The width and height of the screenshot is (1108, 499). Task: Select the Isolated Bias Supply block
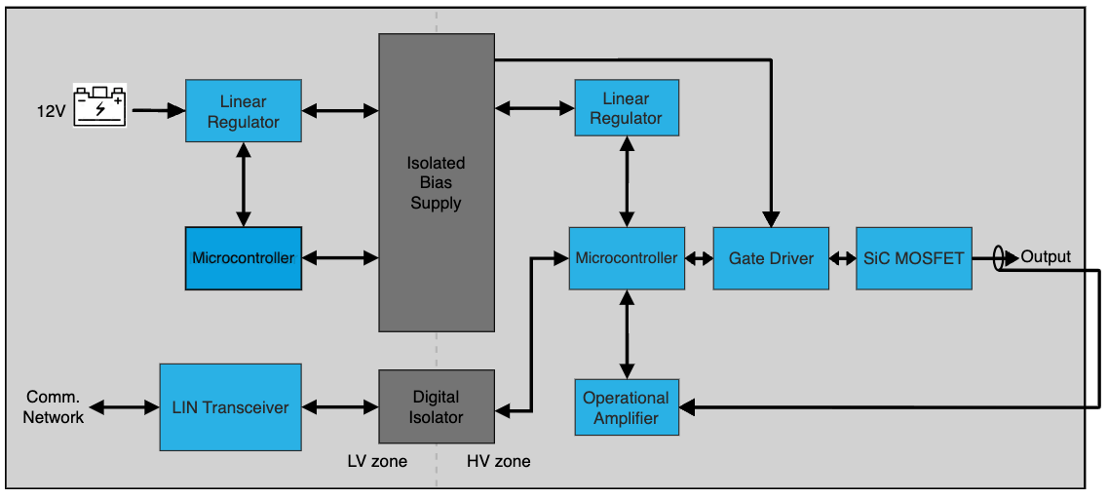tap(436, 182)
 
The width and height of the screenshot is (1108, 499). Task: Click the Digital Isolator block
tap(437, 406)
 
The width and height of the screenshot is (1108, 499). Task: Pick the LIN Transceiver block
tap(230, 406)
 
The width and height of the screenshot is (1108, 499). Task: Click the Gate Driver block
tap(771, 258)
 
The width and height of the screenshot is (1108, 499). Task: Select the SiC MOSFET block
tap(913, 258)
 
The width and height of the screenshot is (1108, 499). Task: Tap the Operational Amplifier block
tap(626, 407)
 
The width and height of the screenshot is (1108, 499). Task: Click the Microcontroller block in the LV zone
tap(244, 258)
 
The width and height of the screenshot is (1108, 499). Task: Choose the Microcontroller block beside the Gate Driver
tap(627, 258)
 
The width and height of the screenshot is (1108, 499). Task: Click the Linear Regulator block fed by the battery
tap(244, 111)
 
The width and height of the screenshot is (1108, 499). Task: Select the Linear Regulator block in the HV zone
tap(626, 107)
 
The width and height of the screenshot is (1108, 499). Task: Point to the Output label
tap(1046, 257)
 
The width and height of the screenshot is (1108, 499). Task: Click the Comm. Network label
tap(55, 407)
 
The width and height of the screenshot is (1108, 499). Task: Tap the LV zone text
tap(377, 461)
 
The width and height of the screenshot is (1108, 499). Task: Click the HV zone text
tap(498, 461)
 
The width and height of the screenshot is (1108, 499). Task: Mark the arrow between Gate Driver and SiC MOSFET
tap(842, 258)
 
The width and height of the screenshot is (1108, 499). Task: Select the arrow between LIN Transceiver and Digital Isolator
tap(339, 406)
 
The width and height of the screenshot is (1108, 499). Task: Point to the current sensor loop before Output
tap(999, 258)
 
